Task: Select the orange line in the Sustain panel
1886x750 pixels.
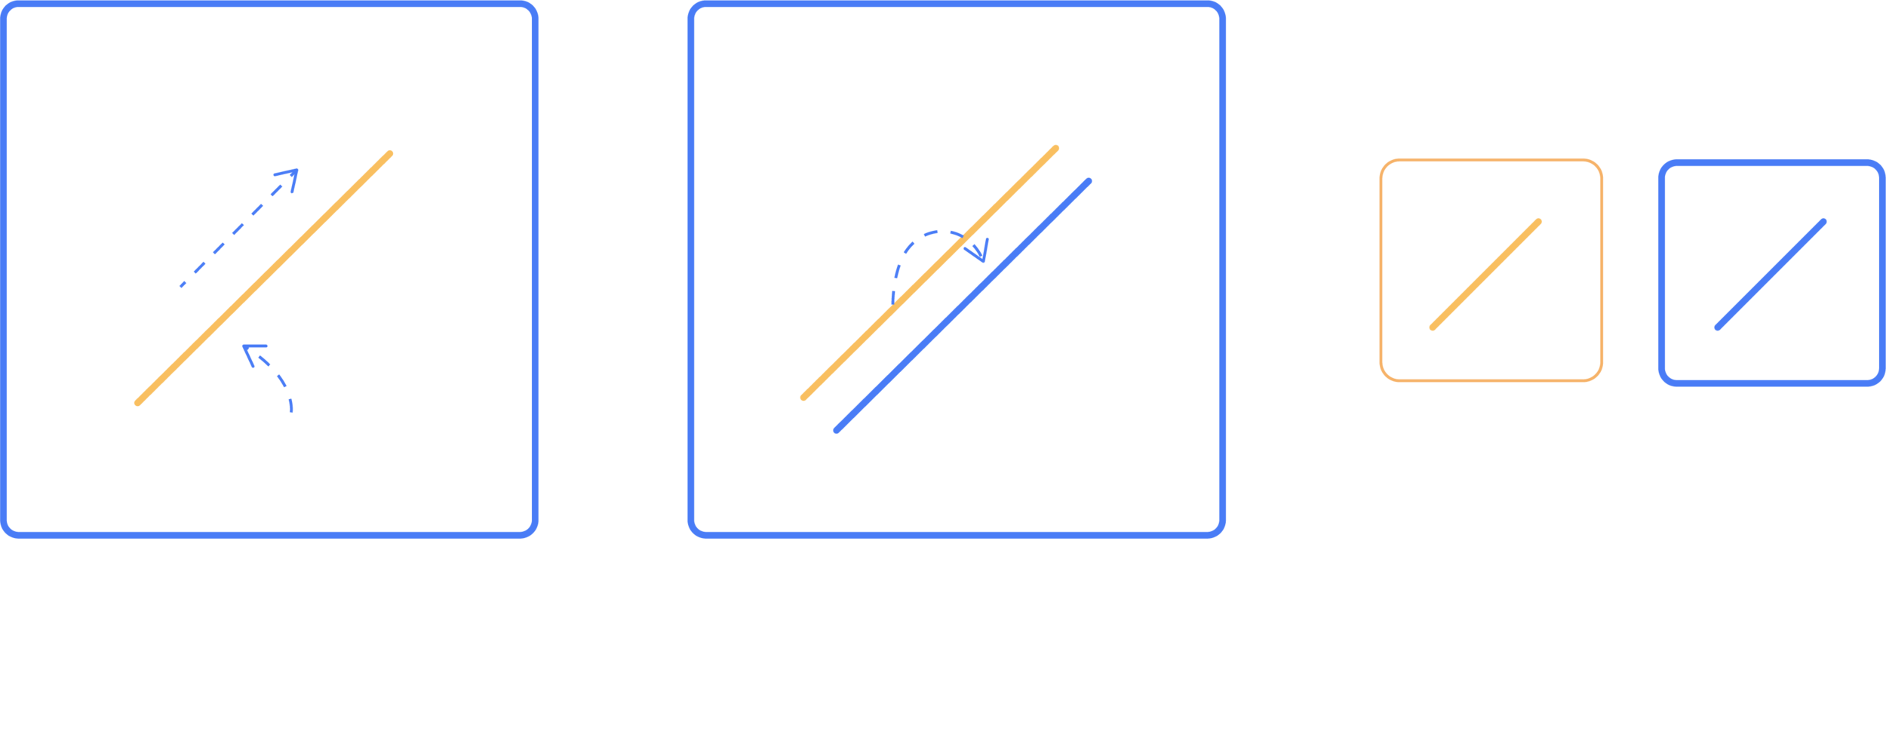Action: pyautogui.click(x=264, y=278)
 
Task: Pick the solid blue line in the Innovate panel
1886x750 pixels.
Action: pyautogui.click(x=962, y=306)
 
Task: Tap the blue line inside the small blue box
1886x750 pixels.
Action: pyautogui.click(x=1770, y=275)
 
